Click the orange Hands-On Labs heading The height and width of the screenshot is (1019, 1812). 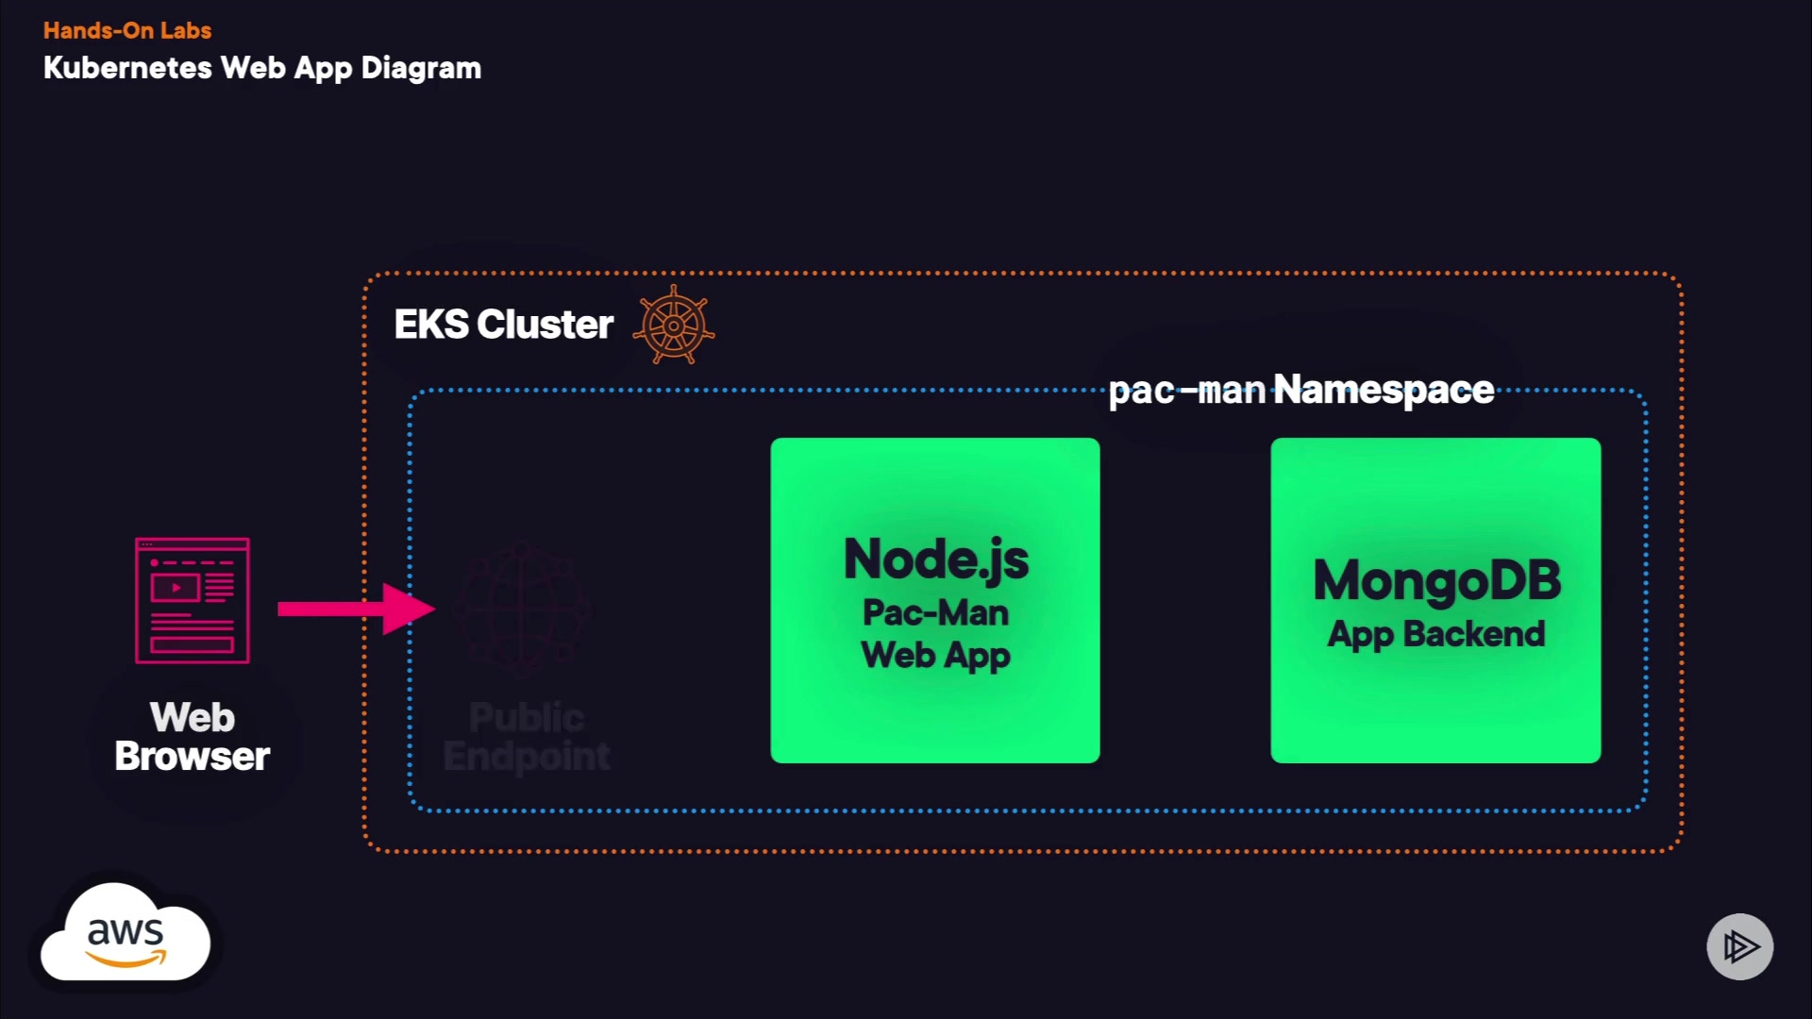point(127,31)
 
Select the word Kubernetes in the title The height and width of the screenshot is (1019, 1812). point(127,68)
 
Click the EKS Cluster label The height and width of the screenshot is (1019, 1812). point(503,325)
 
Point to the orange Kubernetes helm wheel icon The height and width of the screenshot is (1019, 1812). point(674,325)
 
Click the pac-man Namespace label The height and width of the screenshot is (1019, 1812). point(1300,390)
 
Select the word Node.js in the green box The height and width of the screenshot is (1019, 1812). point(935,559)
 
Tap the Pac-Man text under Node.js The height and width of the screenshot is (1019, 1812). point(935,612)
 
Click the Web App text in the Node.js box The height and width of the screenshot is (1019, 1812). point(935,655)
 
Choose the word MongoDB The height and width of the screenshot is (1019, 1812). point(1436,579)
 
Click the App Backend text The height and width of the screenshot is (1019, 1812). point(1436,634)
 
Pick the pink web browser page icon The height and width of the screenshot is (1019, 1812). point(193,600)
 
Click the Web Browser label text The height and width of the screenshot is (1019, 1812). point(193,737)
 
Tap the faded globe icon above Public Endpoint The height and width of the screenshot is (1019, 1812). point(522,609)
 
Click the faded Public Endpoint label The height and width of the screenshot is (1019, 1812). point(527,737)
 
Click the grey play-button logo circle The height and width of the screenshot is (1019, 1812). point(1739,946)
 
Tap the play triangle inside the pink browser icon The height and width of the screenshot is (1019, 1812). point(176,588)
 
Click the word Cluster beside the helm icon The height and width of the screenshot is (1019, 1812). point(545,325)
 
